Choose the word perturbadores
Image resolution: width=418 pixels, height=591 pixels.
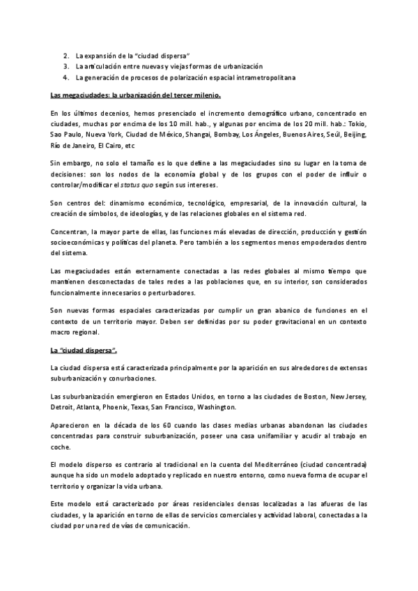pyautogui.click(x=171, y=293)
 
